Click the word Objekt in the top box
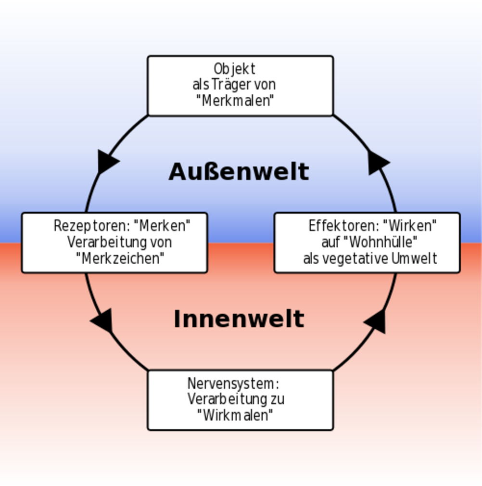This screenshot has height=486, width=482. point(234,69)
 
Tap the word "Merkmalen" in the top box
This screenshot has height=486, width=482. point(235,101)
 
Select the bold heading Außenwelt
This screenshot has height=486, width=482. point(239,172)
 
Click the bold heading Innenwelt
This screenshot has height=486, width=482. point(239,319)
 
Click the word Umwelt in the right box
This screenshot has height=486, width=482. point(414,258)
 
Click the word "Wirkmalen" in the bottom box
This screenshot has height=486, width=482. point(235,415)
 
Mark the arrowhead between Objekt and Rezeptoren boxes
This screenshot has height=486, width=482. point(107,161)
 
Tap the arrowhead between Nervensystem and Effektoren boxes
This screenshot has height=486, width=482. point(377,321)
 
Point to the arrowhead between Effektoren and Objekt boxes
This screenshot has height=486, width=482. point(378,162)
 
